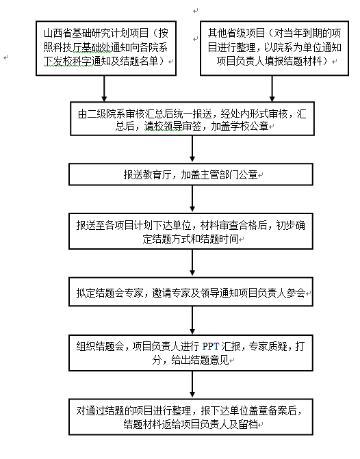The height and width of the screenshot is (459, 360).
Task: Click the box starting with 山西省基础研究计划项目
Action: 106,49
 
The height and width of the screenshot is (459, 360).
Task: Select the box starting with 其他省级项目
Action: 274,49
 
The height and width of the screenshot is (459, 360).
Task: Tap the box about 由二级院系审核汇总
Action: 192,118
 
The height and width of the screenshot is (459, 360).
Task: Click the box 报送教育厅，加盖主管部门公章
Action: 191,174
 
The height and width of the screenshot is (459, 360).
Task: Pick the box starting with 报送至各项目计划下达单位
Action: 191,231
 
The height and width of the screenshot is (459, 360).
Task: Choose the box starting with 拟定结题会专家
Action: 191,292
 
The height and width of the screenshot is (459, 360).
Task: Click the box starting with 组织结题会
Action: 191,353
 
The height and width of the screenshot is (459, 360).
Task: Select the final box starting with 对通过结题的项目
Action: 191,417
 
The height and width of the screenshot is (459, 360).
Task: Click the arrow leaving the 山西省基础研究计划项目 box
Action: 104,89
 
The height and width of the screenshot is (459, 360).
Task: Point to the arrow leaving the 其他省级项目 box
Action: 272,89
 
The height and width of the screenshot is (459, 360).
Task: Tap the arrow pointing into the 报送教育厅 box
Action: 192,148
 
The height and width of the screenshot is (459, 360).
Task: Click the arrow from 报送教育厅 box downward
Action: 192,198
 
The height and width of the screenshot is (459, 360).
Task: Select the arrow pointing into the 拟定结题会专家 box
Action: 192,263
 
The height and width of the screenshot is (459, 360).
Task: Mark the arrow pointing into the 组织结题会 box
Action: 192,320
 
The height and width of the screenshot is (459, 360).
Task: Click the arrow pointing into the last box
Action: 192,384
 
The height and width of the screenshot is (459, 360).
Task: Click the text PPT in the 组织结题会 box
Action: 210,346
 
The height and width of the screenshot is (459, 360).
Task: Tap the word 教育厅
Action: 157,174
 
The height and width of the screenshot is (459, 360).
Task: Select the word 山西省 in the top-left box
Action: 57,34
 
